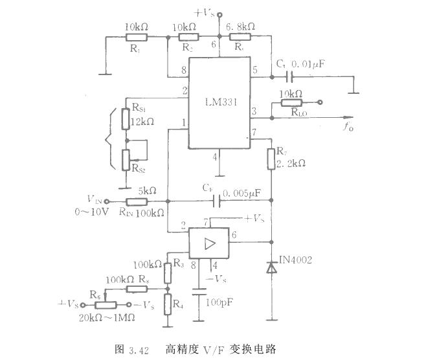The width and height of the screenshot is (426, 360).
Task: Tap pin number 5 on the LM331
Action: pos(255,69)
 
